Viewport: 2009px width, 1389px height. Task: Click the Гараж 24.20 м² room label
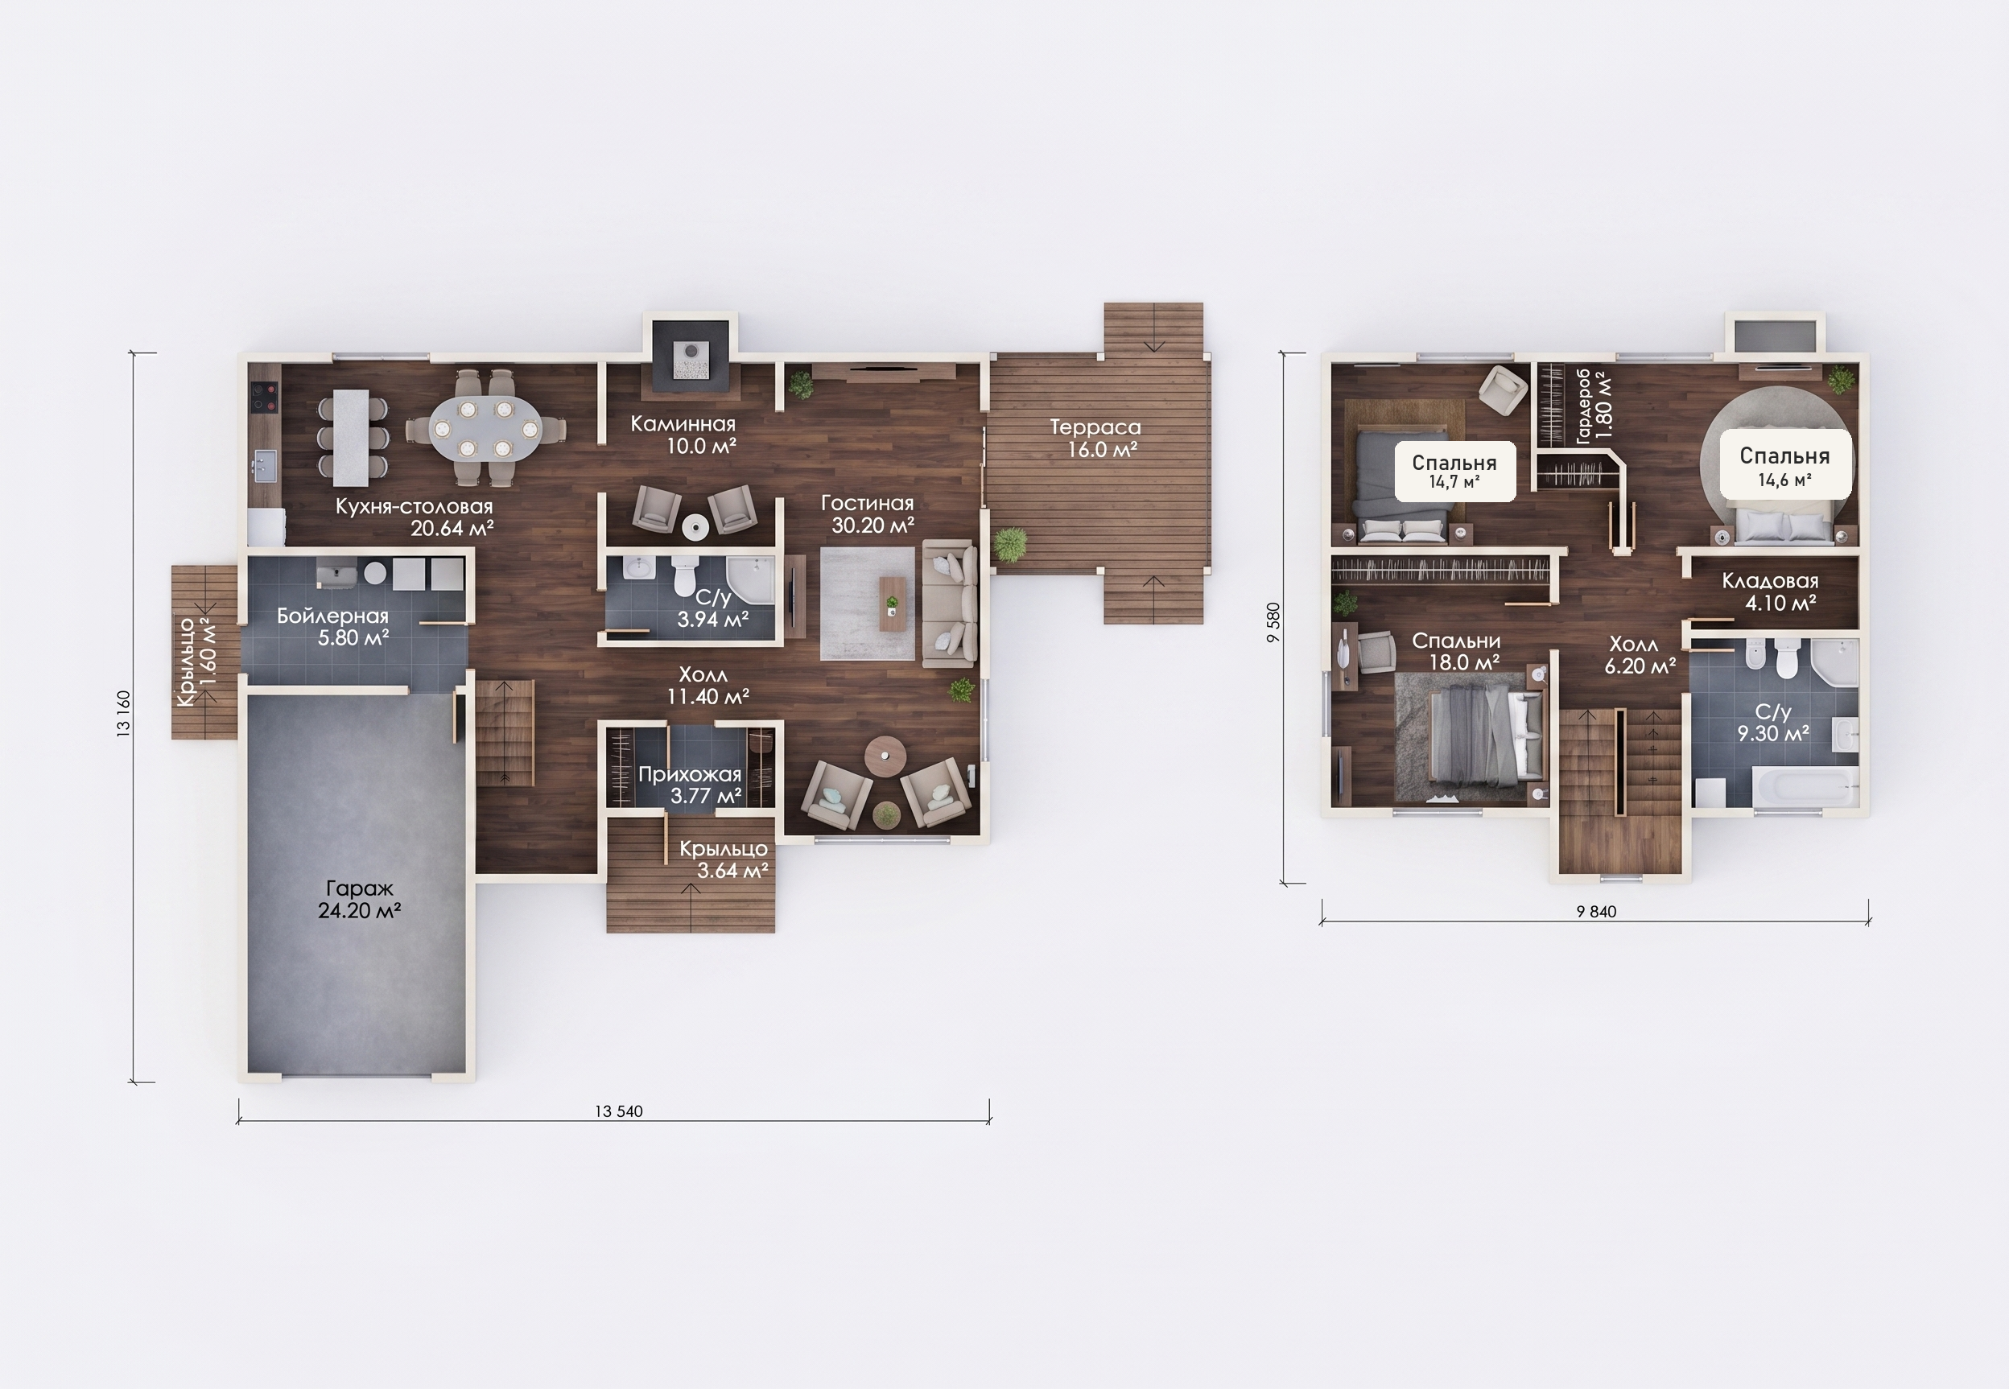(359, 900)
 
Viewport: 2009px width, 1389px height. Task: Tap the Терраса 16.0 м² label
(1096, 439)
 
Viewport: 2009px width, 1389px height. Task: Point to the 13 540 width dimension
(619, 1111)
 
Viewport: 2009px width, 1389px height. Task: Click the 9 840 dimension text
(1596, 911)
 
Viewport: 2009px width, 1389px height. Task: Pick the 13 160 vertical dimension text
(124, 715)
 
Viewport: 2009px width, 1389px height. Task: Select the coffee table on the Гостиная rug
(892, 601)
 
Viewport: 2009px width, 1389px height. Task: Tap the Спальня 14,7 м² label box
(1454, 471)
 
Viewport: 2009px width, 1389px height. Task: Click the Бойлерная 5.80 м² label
(333, 627)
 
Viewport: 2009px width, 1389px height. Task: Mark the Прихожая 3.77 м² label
(691, 785)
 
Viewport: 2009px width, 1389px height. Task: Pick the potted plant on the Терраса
(1009, 545)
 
